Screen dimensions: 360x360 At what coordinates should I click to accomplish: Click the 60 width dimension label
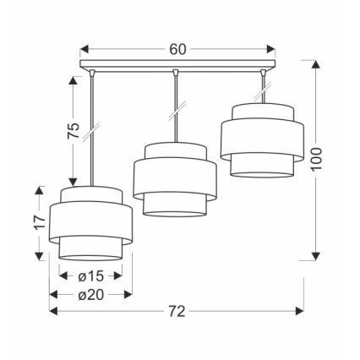[177, 48]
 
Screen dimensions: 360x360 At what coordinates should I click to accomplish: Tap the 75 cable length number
[74, 130]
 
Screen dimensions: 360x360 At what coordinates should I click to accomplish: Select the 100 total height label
[316, 157]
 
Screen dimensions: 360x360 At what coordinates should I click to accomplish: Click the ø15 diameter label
[90, 275]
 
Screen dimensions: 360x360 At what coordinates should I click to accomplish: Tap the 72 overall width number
[177, 312]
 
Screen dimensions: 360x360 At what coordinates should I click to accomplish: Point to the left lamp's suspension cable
[90, 127]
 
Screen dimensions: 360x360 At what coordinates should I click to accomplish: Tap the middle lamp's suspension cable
[174, 106]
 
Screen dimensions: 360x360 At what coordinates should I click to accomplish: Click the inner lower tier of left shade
[90, 246]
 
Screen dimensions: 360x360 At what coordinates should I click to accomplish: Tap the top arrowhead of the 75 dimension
[74, 79]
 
